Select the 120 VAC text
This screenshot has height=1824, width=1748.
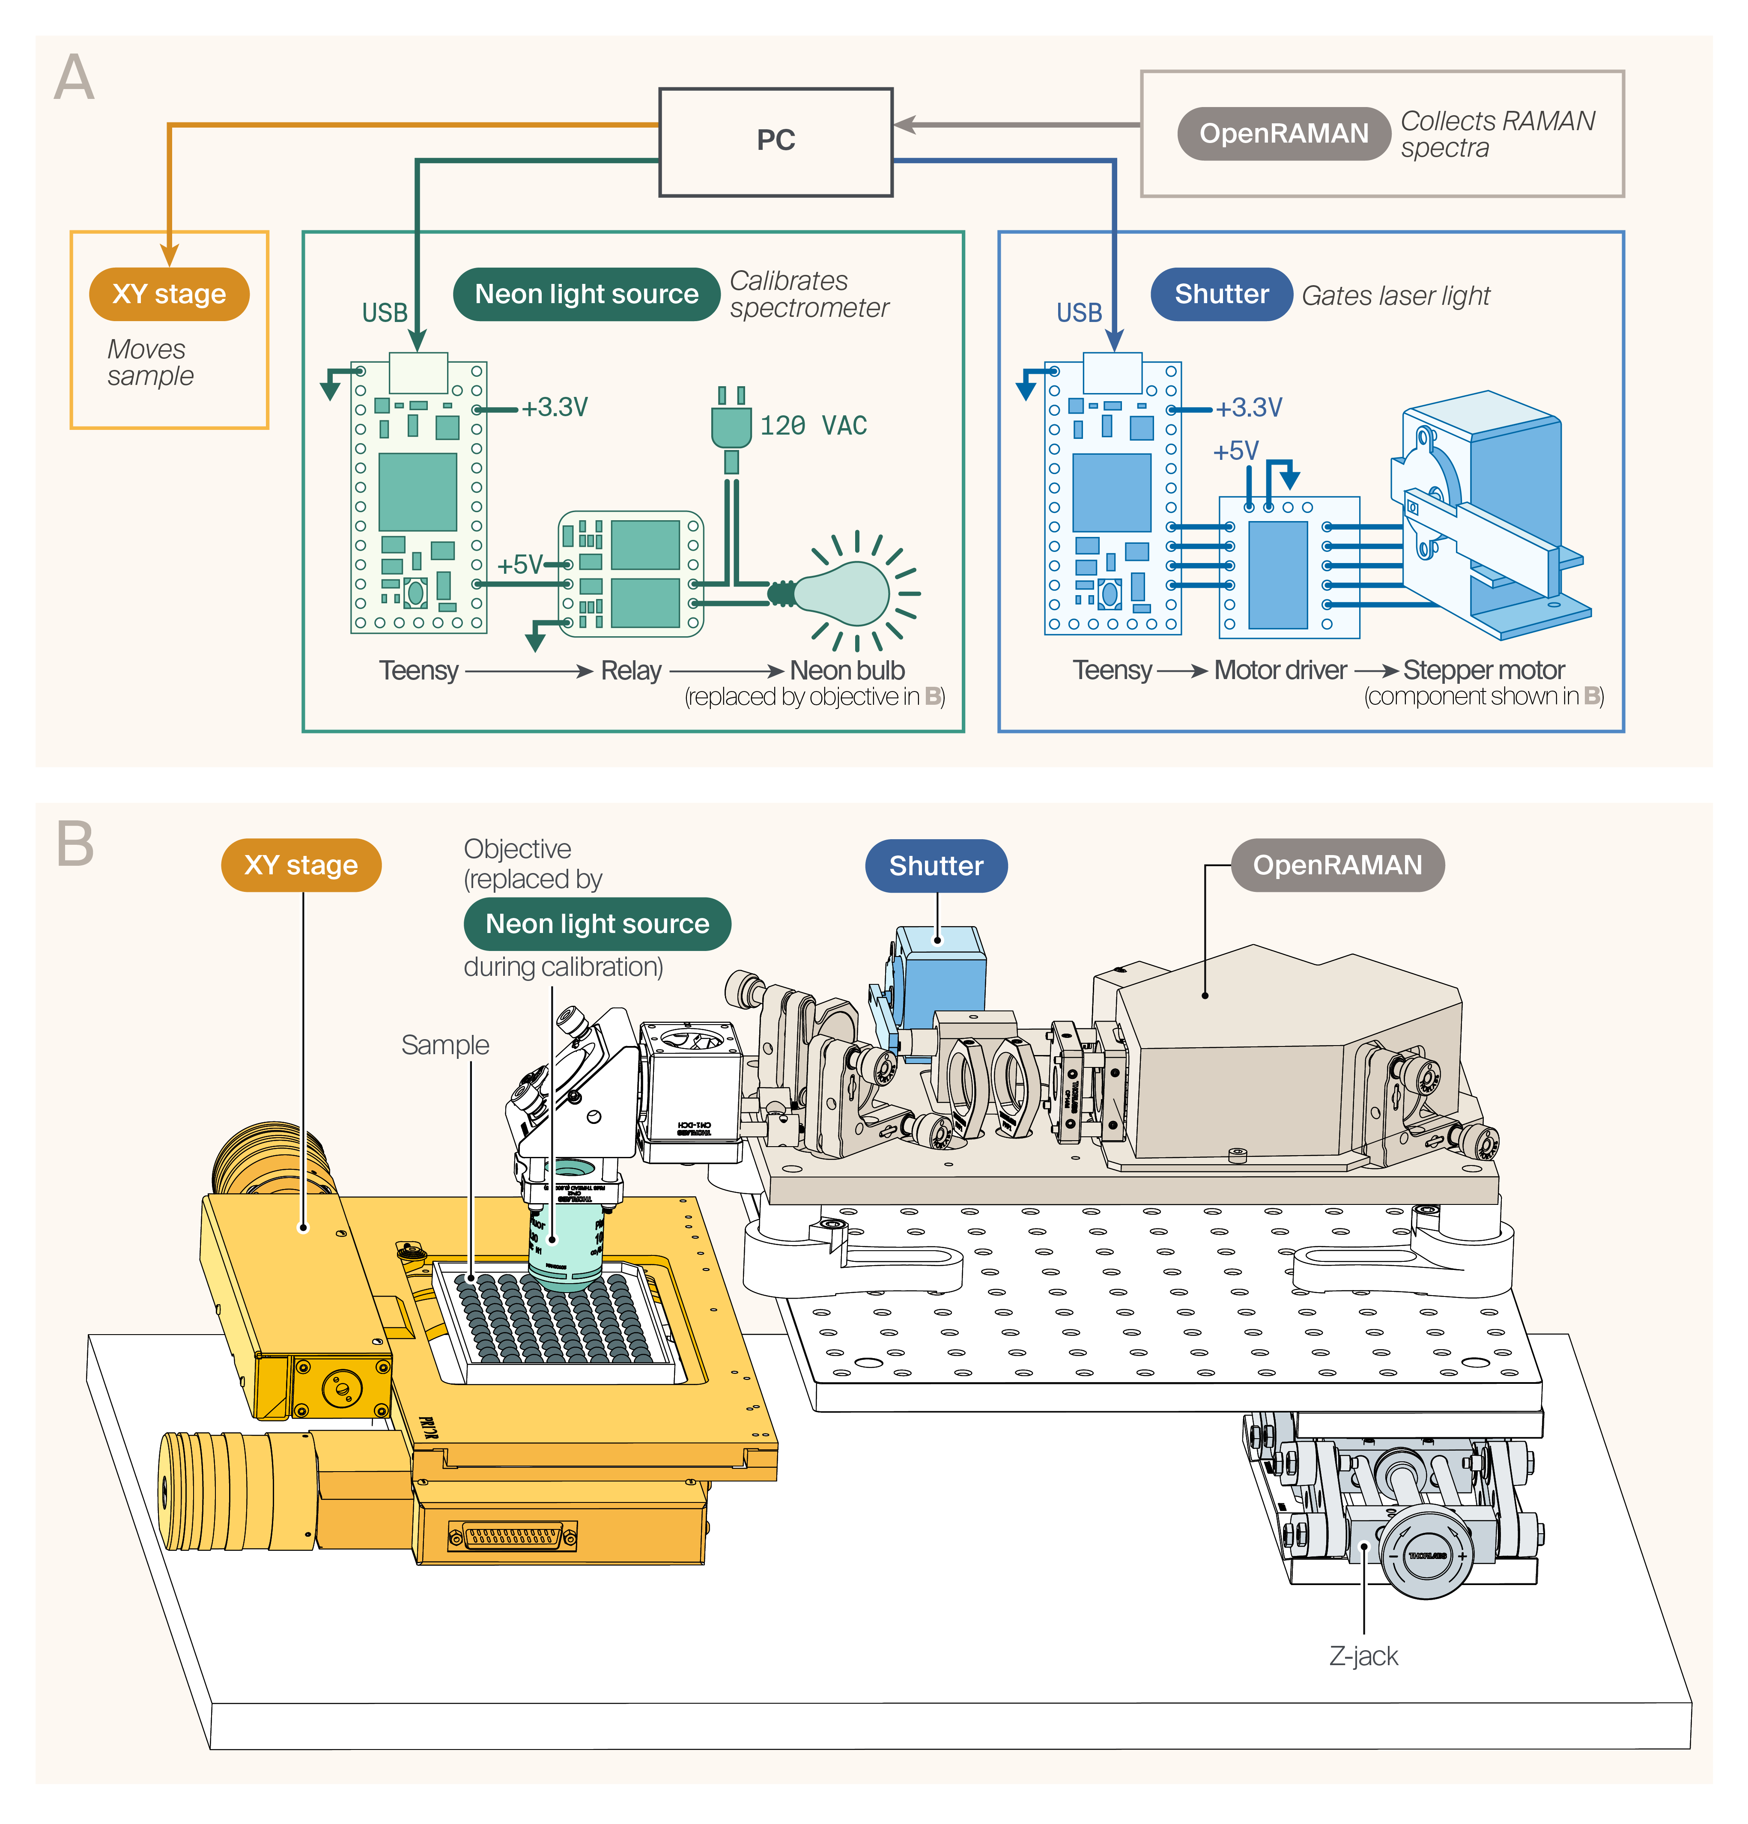tap(813, 426)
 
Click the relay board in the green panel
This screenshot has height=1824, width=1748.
tap(630, 573)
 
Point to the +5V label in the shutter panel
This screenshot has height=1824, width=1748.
tap(1235, 451)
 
